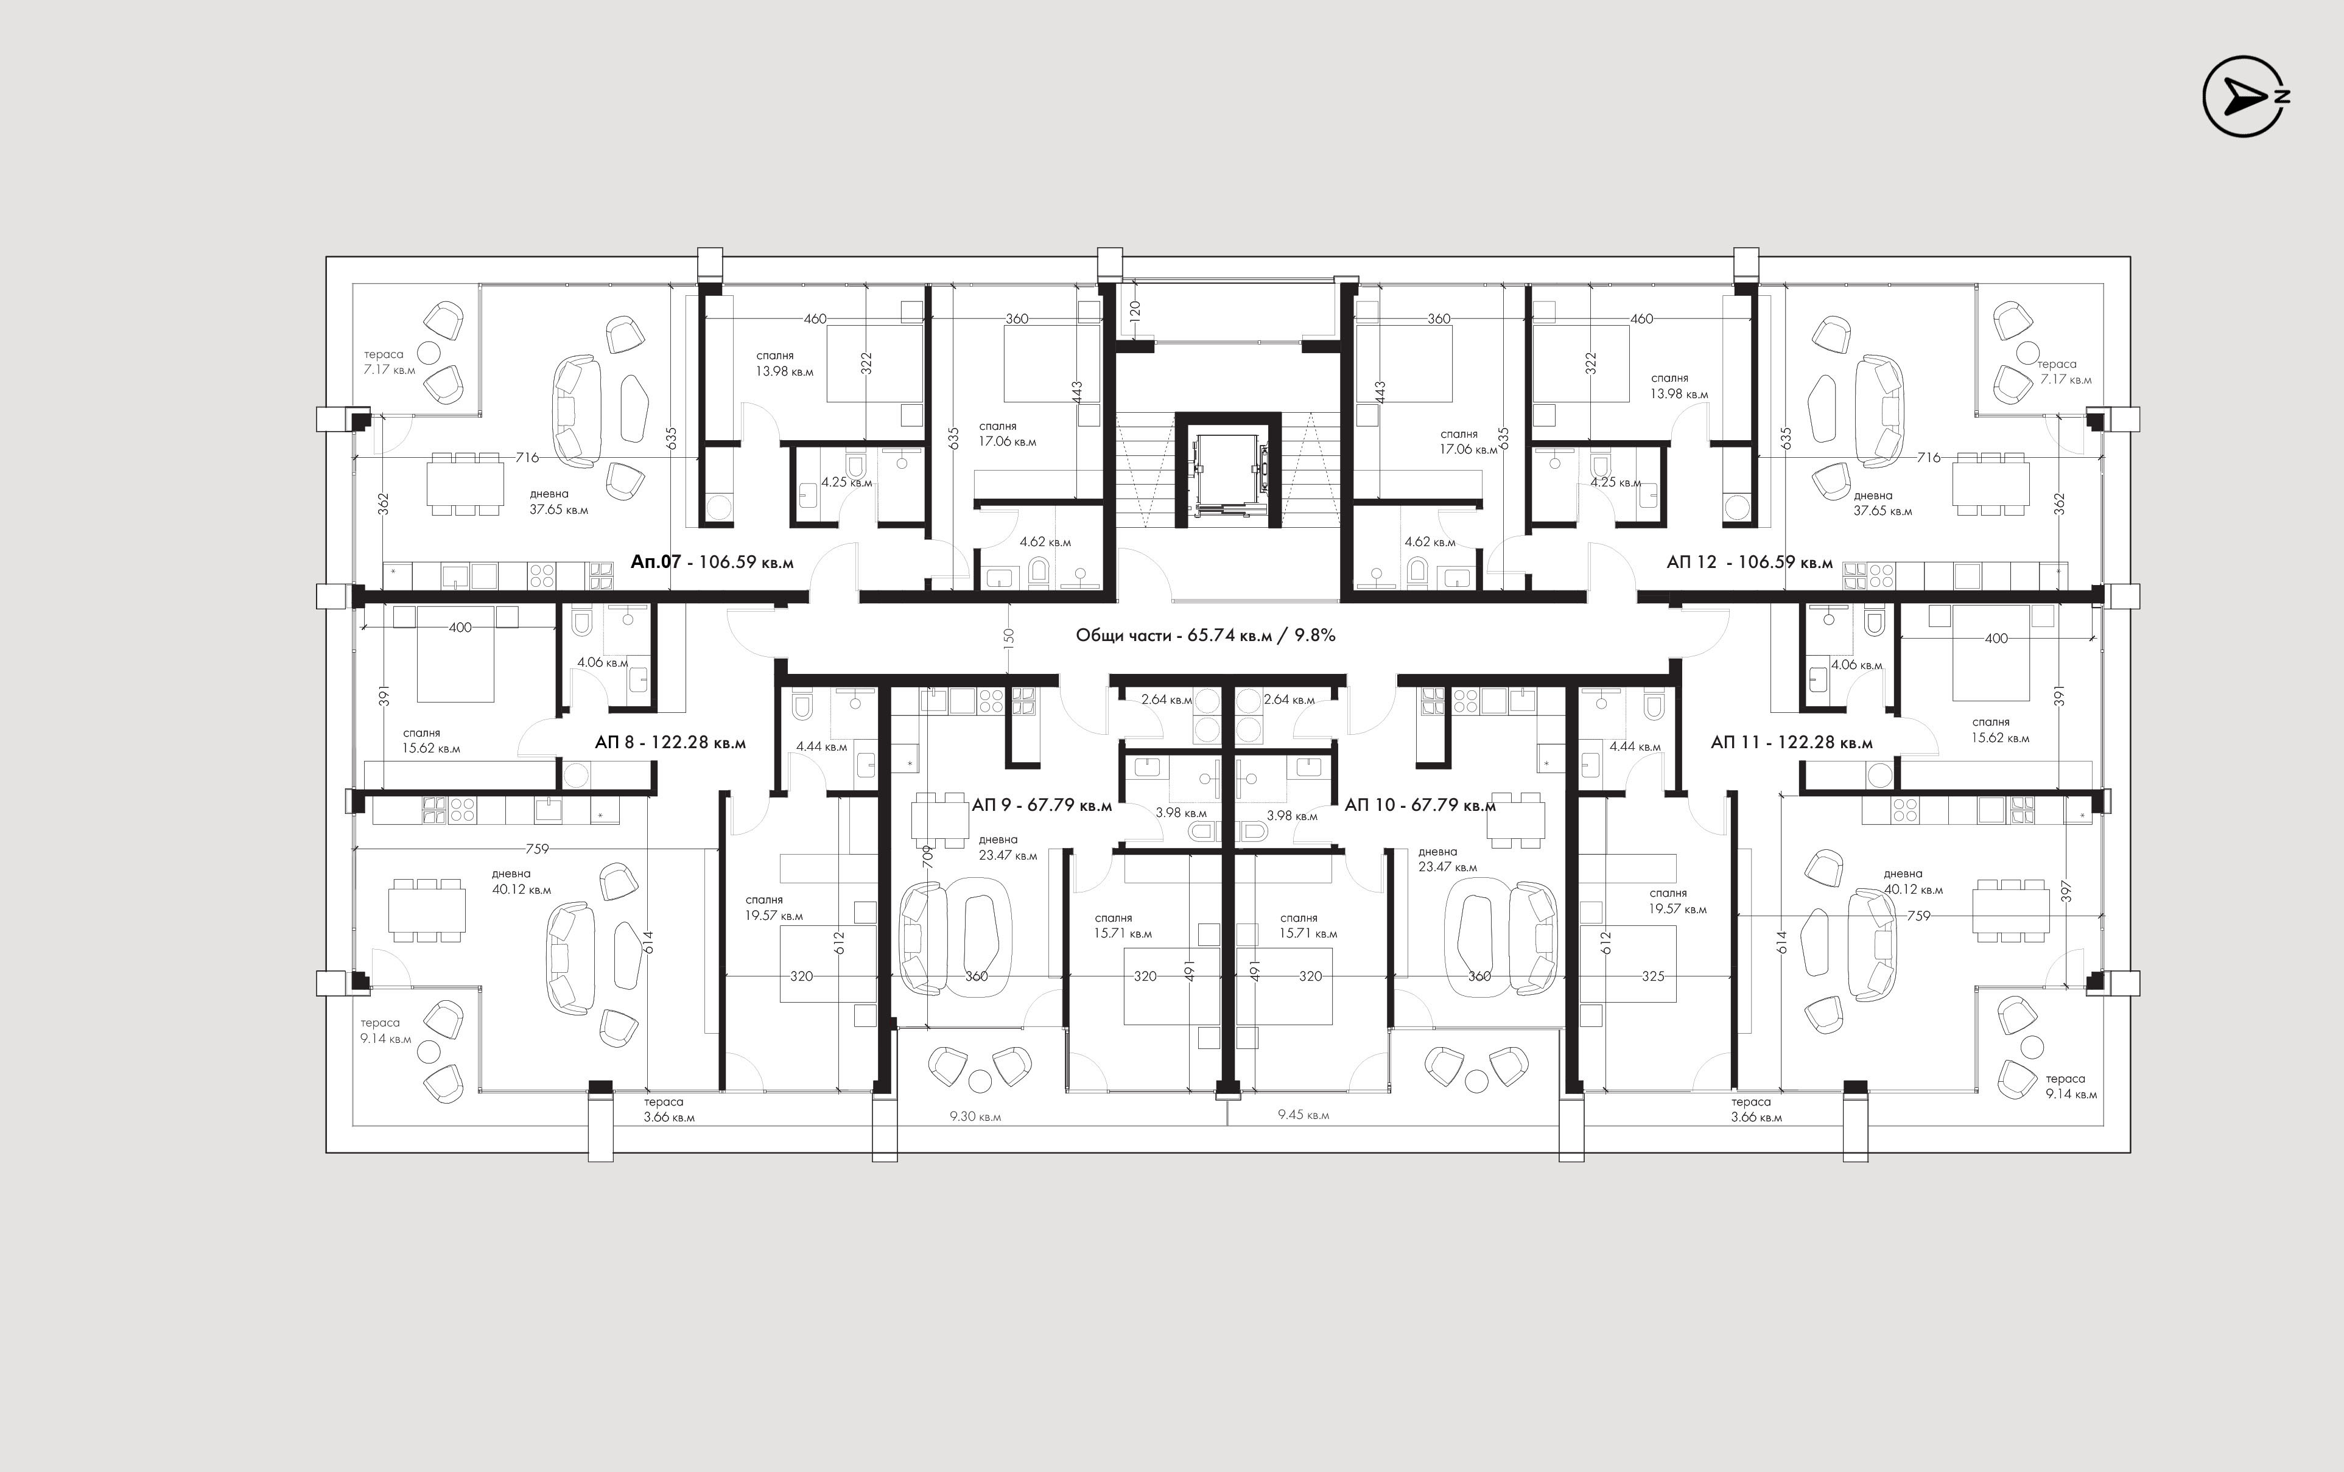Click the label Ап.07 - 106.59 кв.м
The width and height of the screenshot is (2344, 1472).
click(712, 562)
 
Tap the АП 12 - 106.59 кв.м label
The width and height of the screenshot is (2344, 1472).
click(1749, 562)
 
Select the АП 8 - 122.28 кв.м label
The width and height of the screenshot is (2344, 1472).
click(670, 743)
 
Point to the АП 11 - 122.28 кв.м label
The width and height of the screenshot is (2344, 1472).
click(1791, 743)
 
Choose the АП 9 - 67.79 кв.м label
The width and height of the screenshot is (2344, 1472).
click(1042, 805)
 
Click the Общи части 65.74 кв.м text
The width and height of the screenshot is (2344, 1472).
click(1205, 635)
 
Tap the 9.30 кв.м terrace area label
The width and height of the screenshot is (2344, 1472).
click(975, 1116)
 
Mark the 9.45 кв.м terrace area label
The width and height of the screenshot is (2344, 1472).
click(1304, 1115)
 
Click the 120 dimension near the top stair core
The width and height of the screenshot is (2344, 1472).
click(1135, 312)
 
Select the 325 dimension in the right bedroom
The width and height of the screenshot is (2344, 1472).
click(1653, 975)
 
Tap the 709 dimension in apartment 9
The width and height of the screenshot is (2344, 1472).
click(928, 857)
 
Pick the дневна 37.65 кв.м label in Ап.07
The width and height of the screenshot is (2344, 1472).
click(559, 502)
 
